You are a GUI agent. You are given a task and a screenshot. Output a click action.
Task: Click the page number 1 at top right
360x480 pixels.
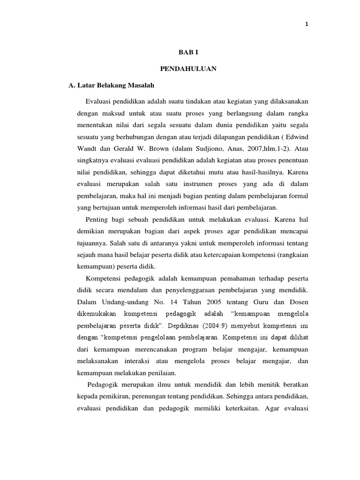[307, 25]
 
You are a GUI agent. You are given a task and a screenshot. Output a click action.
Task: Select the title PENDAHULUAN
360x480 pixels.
[187, 69]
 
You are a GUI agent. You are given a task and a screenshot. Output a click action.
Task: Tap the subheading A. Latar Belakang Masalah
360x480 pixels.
[112, 86]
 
